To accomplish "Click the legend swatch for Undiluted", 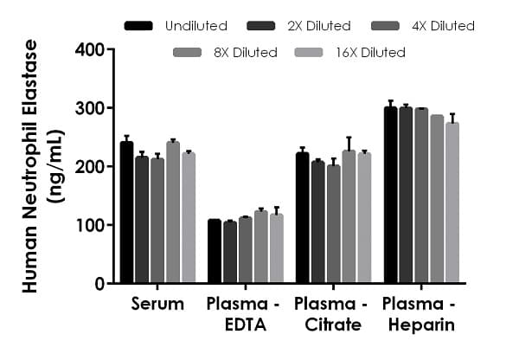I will [x=138, y=26].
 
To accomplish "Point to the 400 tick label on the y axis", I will [x=89, y=50].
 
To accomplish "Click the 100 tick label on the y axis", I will [x=89, y=225].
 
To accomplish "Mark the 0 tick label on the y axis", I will [x=98, y=284].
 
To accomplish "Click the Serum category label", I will [x=157, y=304].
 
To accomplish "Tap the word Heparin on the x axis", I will [x=419, y=325].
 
